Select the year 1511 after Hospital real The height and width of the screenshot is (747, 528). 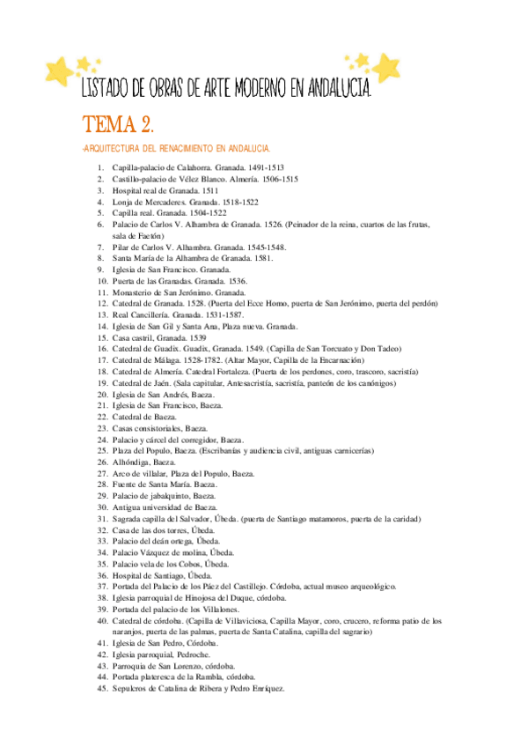210,189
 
